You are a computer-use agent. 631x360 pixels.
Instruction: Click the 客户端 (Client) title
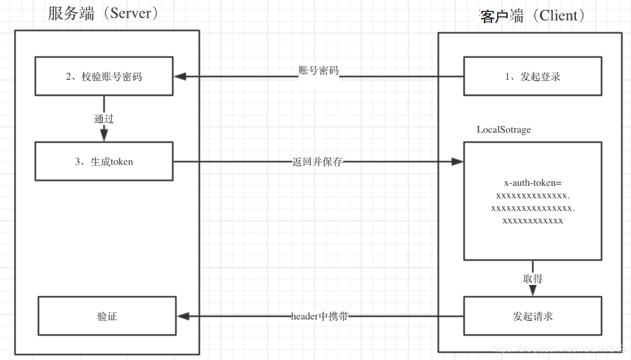532,16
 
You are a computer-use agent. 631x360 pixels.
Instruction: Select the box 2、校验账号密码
104,76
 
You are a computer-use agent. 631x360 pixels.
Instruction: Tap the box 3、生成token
104,161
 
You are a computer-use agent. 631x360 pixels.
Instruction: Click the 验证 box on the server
107,317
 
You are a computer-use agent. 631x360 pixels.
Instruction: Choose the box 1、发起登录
532,76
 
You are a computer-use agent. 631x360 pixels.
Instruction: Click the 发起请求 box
532,317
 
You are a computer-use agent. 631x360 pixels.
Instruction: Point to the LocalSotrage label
504,130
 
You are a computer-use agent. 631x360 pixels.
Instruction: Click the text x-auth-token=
532,183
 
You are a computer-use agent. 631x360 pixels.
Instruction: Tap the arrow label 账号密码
318,71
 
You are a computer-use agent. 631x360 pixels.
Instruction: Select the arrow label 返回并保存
317,162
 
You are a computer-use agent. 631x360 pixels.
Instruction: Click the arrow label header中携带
320,317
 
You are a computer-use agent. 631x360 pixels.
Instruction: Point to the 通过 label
104,118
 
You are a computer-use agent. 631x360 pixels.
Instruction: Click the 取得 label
532,279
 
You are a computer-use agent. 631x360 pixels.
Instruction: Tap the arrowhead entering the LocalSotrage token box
457,161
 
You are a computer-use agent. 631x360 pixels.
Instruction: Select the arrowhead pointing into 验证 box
182,317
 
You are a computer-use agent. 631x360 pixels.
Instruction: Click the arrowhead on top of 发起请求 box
532,291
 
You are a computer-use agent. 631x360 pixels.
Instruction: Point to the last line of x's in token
532,221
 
